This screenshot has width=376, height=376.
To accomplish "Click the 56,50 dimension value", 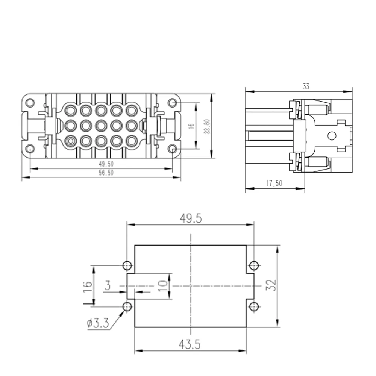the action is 106,173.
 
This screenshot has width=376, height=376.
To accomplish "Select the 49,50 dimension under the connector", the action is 106,164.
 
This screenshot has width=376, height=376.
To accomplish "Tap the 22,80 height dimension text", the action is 207,126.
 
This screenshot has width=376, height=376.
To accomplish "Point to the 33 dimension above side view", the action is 306,86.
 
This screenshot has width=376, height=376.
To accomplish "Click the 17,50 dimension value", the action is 274,183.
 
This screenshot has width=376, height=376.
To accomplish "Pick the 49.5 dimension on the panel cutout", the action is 191,218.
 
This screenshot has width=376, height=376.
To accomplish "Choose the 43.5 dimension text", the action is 190,344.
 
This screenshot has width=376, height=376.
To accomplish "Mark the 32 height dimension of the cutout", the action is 271,285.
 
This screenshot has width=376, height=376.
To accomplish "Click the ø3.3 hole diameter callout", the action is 98,323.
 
